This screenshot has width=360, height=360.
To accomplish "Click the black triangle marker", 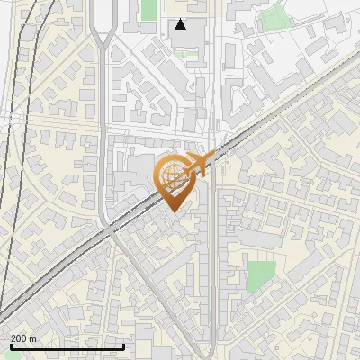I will [x=181, y=24].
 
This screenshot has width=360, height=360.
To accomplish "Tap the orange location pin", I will [x=174, y=180].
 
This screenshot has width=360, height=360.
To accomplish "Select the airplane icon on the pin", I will [x=200, y=164].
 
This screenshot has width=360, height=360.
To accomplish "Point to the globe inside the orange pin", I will [x=173, y=175].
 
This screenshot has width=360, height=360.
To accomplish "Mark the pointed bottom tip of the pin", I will [x=174, y=211].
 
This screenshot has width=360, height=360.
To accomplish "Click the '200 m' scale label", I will [x=23, y=337].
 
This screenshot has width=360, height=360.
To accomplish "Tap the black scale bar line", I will [x=67, y=346].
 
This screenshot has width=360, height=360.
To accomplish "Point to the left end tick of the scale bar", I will [x=11, y=346].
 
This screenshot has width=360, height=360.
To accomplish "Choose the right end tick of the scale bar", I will [x=123, y=346].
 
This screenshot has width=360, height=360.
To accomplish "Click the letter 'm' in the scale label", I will [x=32, y=337].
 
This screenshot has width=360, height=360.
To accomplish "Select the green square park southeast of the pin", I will [x=261, y=274].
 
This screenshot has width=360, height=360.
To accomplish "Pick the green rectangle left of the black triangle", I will [x=148, y=10].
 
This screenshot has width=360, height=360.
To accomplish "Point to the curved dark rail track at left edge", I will [x=15, y=180].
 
